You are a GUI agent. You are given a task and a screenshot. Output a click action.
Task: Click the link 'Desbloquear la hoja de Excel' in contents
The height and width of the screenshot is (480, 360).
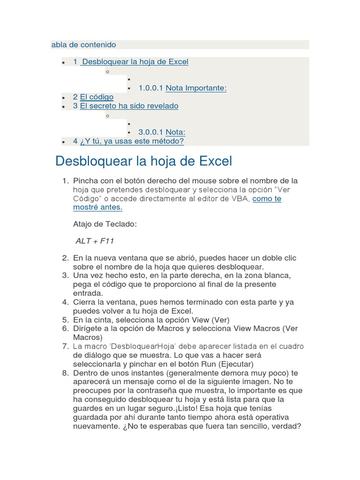135,62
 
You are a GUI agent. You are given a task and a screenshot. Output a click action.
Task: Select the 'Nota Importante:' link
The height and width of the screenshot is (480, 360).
196,88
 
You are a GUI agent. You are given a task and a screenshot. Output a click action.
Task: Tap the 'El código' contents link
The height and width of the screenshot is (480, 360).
97,97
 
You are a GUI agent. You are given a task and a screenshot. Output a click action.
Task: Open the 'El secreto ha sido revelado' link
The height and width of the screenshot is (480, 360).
129,106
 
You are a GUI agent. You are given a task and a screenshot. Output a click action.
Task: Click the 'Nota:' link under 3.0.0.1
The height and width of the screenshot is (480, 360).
175,132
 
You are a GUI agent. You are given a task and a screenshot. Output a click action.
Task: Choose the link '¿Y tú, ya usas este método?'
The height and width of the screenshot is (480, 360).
132,141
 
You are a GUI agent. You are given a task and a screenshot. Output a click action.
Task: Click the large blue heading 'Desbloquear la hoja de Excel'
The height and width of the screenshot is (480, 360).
143,161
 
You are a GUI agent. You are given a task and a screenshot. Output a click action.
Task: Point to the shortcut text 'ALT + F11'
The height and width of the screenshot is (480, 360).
95,241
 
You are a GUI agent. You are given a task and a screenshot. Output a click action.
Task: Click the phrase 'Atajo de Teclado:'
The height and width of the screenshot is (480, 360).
105,225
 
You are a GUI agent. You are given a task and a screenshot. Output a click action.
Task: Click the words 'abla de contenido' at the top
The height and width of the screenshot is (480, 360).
83,45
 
